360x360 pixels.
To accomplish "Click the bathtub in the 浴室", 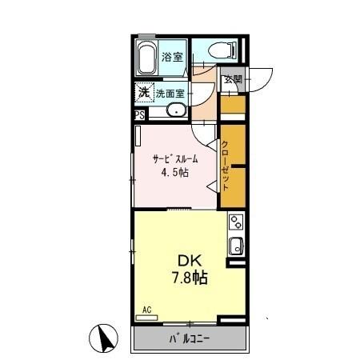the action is click(x=146, y=58).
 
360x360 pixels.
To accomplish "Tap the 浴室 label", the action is click(x=173, y=57).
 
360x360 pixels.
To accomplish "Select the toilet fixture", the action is click(x=222, y=50).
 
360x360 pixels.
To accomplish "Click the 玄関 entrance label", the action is click(x=233, y=79).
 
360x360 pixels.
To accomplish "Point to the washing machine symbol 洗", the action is click(x=145, y=92).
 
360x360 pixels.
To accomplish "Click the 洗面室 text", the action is click(x=170, y=94).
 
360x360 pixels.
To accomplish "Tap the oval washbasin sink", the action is click(x=177, y=110).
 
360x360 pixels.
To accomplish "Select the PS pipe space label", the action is click(x=140, y=115).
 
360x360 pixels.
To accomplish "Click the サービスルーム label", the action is click(x=175, y=159).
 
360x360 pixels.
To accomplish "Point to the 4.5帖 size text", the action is click(x=175, y=173).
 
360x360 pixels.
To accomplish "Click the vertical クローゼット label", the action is click(x=225, y=166).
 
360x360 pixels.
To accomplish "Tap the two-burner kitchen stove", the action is click(x=236, y=222).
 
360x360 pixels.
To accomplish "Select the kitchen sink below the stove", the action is click(x=236, y=246).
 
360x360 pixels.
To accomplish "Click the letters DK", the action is click(x=190, y=261).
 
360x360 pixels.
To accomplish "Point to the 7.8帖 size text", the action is click(x=190, y=278).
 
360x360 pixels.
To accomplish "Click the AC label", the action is click(x=146, y=310).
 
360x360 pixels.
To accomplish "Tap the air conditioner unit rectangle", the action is click(x=146, y=318).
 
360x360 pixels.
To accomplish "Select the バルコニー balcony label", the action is click(x=190, y=339).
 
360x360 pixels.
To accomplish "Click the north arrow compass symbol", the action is click(x=103, y=338).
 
